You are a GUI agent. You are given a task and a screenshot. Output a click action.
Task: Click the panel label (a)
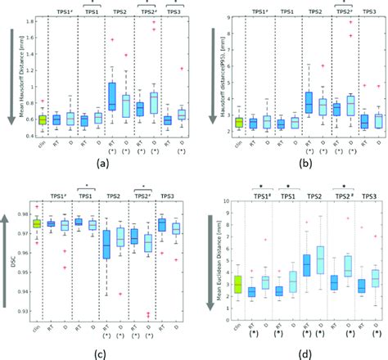102,161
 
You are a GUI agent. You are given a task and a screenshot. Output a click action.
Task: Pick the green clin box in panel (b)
239,122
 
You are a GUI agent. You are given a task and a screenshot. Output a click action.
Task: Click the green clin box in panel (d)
238,284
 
